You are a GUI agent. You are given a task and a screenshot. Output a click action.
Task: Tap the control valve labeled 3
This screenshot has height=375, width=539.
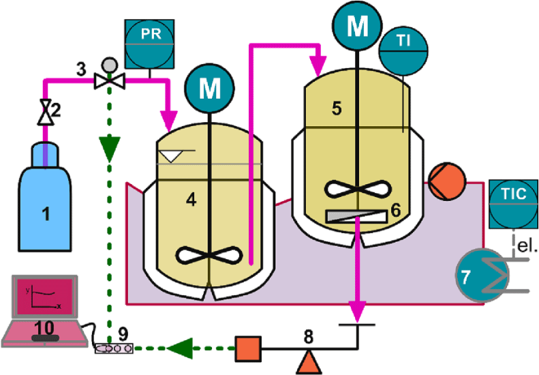click(106, 80)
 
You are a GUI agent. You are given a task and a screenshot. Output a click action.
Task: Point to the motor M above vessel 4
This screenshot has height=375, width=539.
click(210, 87)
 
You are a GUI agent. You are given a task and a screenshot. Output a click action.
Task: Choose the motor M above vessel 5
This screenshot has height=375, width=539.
click(356, 27)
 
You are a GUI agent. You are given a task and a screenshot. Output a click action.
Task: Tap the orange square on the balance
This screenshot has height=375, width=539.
click(247, 348)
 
